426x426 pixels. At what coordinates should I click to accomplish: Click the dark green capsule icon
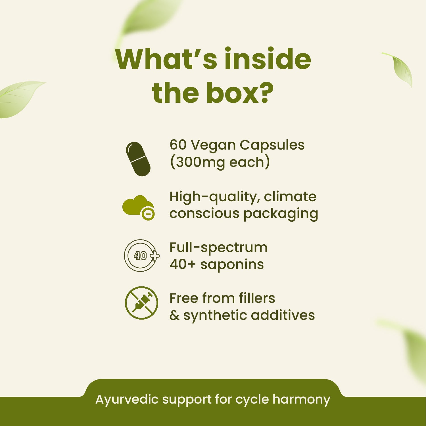coord(138,159)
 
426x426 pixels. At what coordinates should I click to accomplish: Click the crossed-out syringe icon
coord(141,303)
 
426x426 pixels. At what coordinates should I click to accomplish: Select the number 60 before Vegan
coord(178,145)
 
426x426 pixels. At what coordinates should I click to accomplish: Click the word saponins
coord(232,265)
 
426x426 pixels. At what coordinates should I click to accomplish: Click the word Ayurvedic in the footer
coord(127,400)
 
